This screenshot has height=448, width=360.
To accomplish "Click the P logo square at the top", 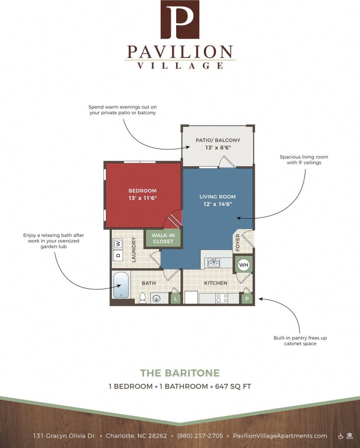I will pyautogui.click(x=180, y=19).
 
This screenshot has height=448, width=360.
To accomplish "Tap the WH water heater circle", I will pyautogui.click(x=244, y=265).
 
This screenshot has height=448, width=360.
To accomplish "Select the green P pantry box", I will pyautogui.click(x=247, y=299).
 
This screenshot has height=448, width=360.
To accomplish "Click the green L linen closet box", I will pyautogui.click(x=175, y=299).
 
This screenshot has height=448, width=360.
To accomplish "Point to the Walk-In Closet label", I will pyautogui.click(x=163, y=238).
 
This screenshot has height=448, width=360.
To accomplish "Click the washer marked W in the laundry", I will pyautogui.click(x=118, y=244).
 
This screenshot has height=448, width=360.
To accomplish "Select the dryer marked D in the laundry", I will pyautogui.click(x=118, y=255).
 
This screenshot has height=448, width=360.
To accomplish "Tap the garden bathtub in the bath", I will pyautogui.click(x=121, y=285).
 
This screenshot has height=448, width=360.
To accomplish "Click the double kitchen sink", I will pyautogui.click(x=214, y=263).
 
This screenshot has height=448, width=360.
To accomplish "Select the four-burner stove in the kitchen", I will pyautogui.click(x=222, y=298).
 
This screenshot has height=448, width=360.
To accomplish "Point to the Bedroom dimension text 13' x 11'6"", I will pyautogui.click(x=142, y=198).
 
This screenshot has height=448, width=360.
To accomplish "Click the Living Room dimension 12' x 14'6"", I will pyautogui.click(x=218, y=204).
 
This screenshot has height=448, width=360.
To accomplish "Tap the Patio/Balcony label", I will pyautogui.click(x=218, y=140).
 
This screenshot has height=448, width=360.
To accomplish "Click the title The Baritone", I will pyautogui.click(x=180, y=373).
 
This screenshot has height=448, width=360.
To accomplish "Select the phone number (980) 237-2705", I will pyautogui.click(x=200, y=436).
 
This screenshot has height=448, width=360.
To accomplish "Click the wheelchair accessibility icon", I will pyautogui.click(x=341, y=436).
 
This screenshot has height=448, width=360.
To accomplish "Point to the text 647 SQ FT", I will pyautogui.click(x=233, y=386).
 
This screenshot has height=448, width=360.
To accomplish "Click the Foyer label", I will pyautogui.click(x=238, y=242).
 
